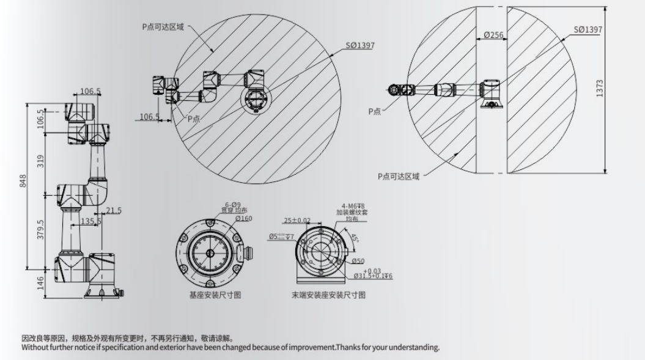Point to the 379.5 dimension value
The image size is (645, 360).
point(40,230)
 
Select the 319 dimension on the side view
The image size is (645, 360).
point(41,161)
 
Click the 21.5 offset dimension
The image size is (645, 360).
point(113,210)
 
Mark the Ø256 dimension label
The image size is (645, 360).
point(493,35)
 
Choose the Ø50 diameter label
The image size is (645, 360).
point(358,261)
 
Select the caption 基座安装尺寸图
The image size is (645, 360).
point(215,295)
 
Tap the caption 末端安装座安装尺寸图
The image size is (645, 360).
point(328,295)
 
